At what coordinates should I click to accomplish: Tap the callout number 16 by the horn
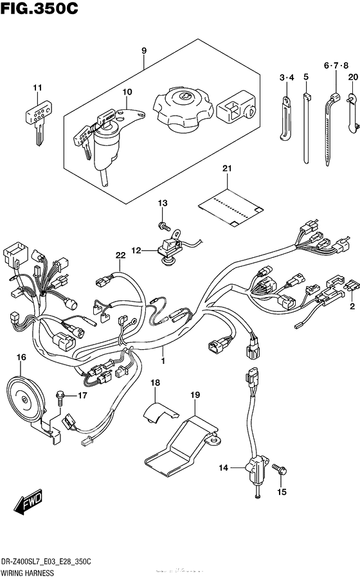tap(21, 357)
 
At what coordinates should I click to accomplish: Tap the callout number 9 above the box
tap(143, 50)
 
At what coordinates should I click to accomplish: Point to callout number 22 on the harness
tap(120, 256)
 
